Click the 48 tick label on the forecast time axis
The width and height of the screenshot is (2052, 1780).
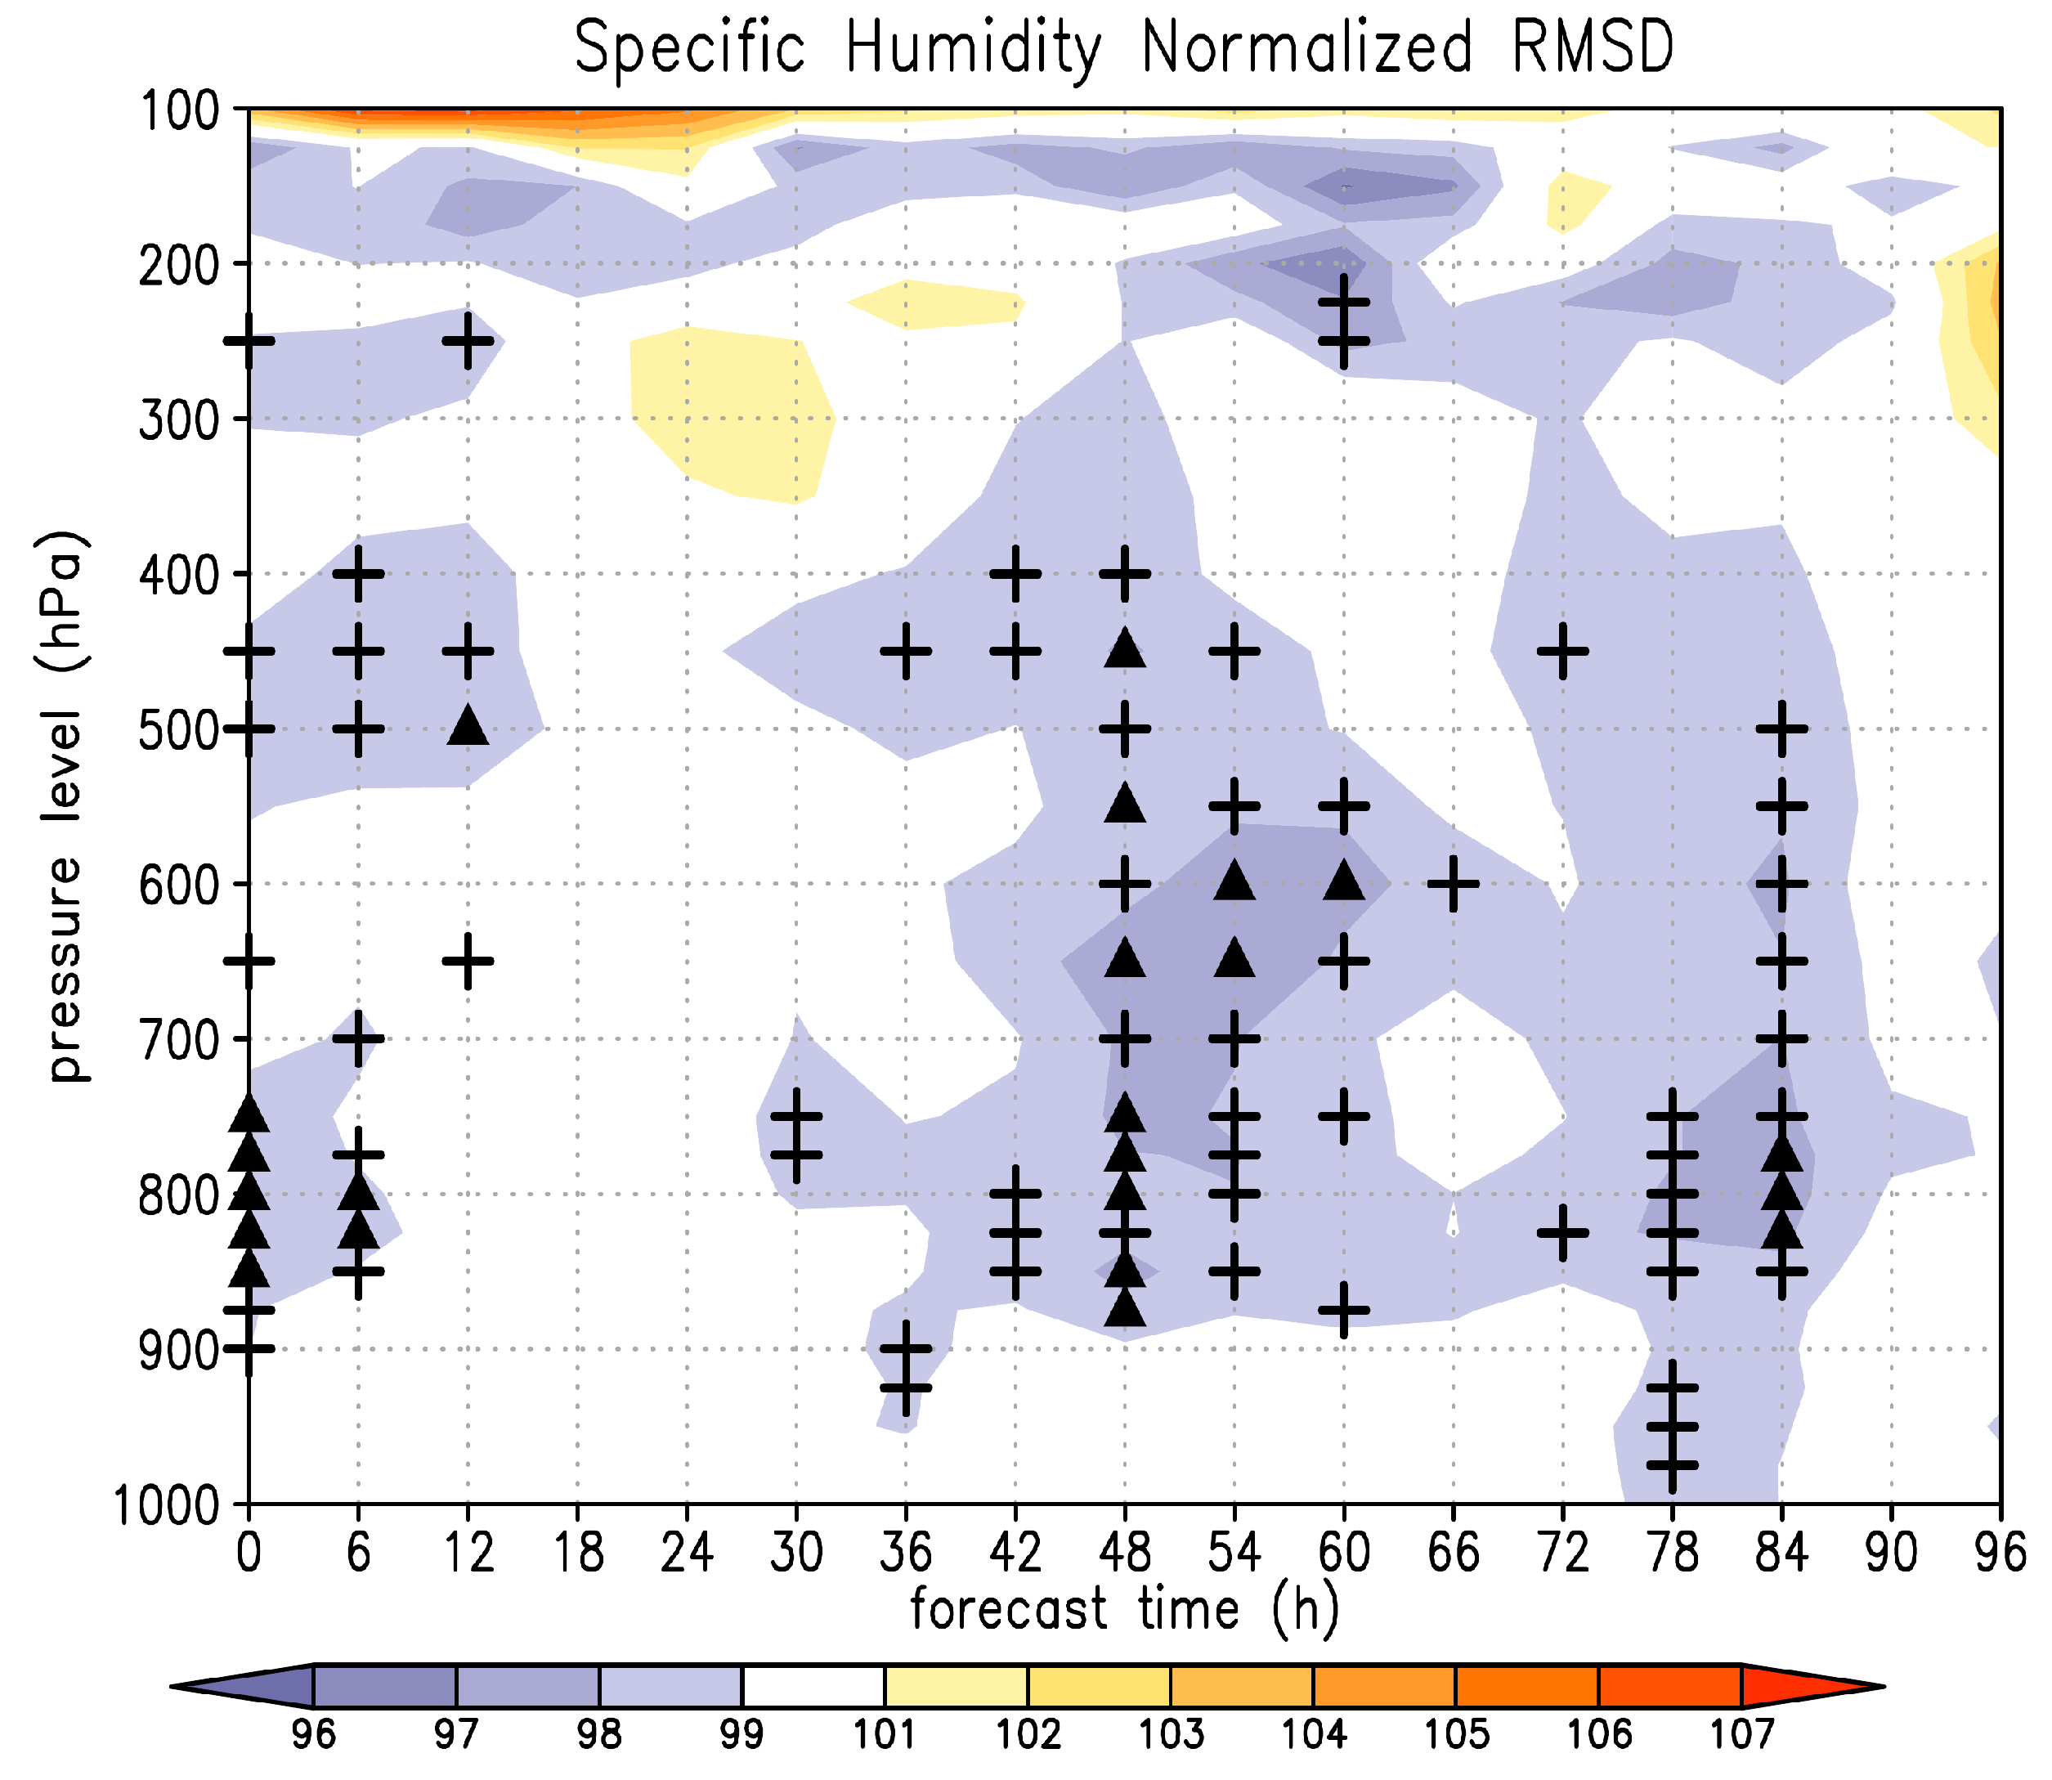point(1124,1552)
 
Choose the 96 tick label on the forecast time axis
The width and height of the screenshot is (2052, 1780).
point(2000,1552)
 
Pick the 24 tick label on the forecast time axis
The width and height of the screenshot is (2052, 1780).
point(687,1552)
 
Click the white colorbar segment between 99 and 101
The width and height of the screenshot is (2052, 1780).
point(813,1686)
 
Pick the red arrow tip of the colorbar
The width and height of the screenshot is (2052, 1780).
point(1883,1686)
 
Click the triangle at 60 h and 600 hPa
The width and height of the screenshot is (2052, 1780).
point(1344,880)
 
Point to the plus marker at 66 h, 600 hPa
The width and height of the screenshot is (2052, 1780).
point(1453,883)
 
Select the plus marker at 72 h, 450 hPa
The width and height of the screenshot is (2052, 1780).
point(1562,652)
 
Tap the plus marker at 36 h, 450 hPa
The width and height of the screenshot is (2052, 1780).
point(906,652)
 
